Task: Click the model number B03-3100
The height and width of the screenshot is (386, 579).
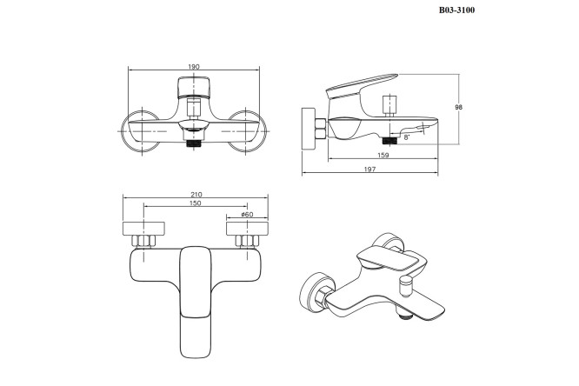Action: pos(456,10)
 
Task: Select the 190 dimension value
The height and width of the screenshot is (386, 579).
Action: pos(194,67)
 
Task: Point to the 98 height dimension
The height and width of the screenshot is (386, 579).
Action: pos(459,107)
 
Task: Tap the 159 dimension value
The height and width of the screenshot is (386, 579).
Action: pos(383,155)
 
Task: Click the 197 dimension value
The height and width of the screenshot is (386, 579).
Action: pos(369,170)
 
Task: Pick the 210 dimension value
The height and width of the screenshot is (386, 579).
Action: pos(196,194)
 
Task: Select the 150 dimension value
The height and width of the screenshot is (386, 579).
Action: pos(195,203)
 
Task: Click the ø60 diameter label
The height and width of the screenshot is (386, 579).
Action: pos(247,214)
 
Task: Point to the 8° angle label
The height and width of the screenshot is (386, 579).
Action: pos(407,137)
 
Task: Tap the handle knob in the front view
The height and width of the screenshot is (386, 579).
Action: pos(194,88)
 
